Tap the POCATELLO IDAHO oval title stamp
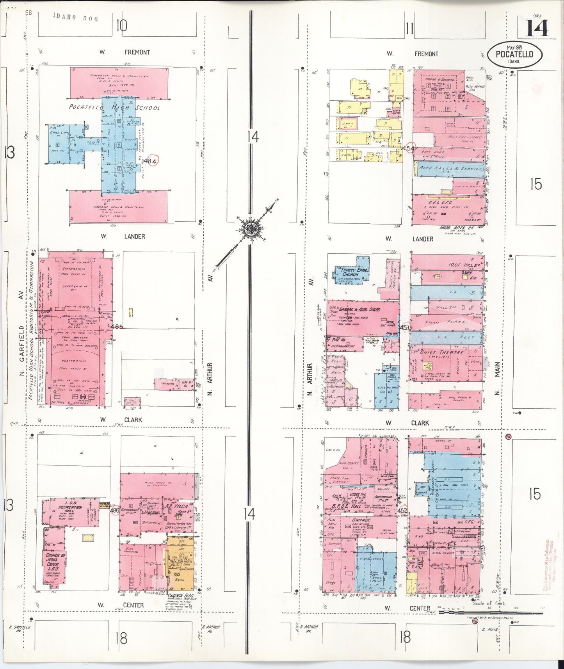point(514,55)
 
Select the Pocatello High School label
point(114,107)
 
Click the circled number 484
point(151,161)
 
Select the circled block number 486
point(114,510)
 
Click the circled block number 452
point(402,510)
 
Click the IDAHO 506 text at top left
point(76,17)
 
